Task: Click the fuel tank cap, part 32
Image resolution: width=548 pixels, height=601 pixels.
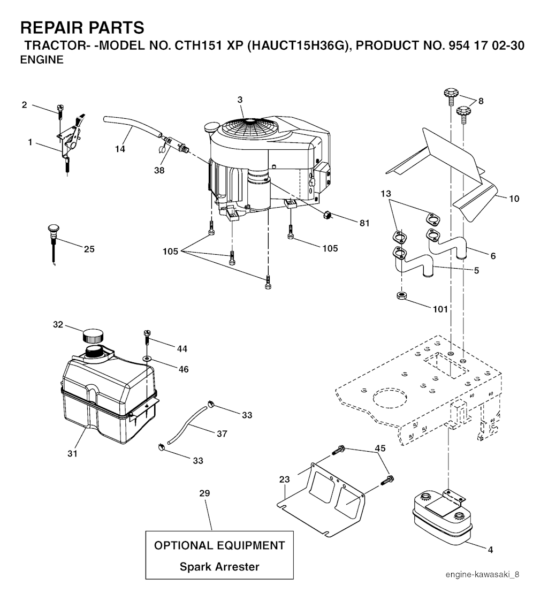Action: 92,336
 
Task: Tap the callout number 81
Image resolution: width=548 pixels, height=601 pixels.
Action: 364,224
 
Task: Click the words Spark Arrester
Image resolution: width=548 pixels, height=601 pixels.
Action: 219,567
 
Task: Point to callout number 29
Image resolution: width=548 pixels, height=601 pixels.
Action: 204,493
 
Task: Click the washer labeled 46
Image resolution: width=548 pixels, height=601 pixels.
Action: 146,357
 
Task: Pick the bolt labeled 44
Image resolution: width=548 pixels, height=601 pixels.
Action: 146,337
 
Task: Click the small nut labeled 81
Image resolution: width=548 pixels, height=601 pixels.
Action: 327,215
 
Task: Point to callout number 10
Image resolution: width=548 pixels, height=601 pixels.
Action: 513,199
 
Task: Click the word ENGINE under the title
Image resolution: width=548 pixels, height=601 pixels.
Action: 42,60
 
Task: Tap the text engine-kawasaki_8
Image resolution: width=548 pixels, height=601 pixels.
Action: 485,574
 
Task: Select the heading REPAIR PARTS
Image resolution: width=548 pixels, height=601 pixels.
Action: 82,27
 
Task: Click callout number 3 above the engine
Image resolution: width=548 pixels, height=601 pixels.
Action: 240,100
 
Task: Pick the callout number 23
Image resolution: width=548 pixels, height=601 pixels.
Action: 284,480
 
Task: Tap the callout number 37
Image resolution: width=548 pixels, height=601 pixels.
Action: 222,434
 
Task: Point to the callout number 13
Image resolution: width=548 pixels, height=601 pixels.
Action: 387,193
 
